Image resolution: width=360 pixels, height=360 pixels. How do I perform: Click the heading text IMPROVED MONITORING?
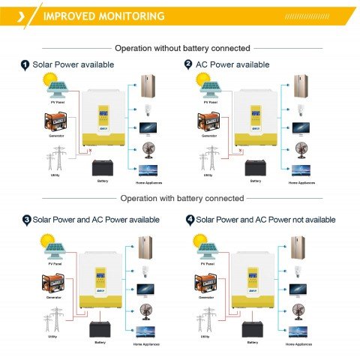pyautogui.click(x=104, y=16)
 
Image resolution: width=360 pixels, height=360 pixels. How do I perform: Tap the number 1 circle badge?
pyautogui.click(x=25, y=65)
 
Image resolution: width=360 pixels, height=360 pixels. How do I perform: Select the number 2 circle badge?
pyautogui.click(x=188, y=65)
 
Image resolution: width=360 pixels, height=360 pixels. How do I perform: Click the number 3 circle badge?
pyautogui.click(x=26, y=220)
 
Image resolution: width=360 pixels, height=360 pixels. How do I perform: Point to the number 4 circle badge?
pyautogui.click(x=190, y=220)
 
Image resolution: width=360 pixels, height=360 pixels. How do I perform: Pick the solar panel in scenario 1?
pyautogui.click(x=57, y=91)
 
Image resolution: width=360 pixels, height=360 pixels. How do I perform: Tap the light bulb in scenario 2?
pyautogui.click(x=300, y=109)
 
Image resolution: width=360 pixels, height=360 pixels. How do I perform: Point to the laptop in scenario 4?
pyautogui.click(x=299, y=331)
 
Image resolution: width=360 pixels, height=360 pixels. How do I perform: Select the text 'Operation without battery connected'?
pyautogui.click(x=180, y=46)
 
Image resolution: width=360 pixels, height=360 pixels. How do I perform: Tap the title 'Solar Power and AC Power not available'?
pyautogui.click(x=265, y=220)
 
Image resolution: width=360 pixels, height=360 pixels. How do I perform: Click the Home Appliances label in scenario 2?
pyautogui.click(x=301, y=182)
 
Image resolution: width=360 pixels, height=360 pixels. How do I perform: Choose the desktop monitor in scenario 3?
pyautogui.click(x=144, y=288)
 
